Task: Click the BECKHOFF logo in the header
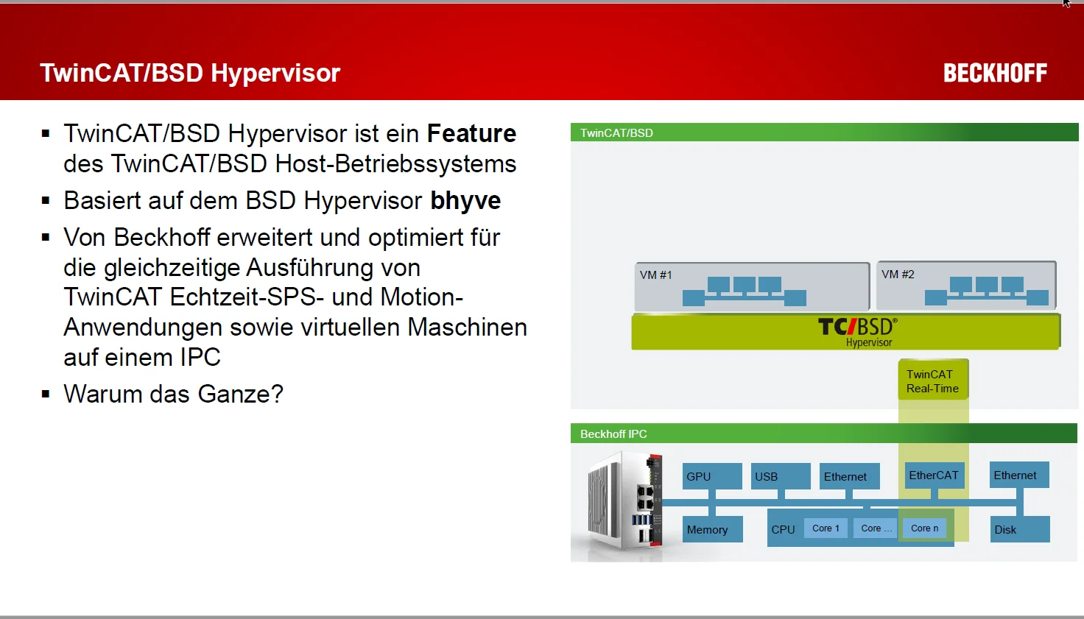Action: click(x=995, y=73)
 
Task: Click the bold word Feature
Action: click(x=471, y=133)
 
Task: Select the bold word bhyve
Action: click(x=465, y=200)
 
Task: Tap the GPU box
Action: click(x=712, y=476)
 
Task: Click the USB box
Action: click(x=781, y=476)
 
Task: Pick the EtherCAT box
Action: click(x=934, y=475)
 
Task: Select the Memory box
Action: click(x=712, y=529)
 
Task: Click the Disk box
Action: click(x=1020, y=529)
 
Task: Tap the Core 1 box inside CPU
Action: click(x=826, y=528)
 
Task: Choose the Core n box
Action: click(x=924, y=528)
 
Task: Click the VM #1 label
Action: click(x=655, y=275)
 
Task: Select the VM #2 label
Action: click(x=898, y=275)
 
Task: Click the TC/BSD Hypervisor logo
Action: click(x=857, y=332)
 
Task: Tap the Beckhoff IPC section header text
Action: click(x=613, y=434)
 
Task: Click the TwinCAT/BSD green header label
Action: click(x=616, y=133)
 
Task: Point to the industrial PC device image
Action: click(x=624, y=501)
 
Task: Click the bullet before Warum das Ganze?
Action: click(x=46, y=394)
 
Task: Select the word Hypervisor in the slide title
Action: click(x=275, y=74)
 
